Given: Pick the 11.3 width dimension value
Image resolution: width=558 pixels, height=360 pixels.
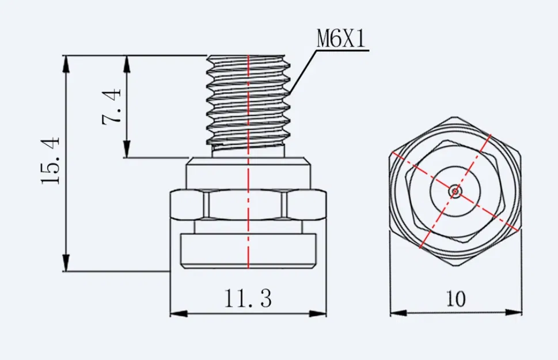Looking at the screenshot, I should [x=248, y=299].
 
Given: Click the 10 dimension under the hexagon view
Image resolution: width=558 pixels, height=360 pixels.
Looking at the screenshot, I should [x=455, y=299].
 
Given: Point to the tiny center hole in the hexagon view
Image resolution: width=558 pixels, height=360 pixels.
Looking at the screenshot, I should [x=455, y=190].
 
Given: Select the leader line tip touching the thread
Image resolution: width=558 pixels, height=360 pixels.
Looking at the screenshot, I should [x=289, y=94].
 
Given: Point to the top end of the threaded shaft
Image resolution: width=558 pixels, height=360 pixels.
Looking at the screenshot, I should [x=248, y=56].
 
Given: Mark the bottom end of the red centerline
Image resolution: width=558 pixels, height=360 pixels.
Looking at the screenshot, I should [x=248, y=268].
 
